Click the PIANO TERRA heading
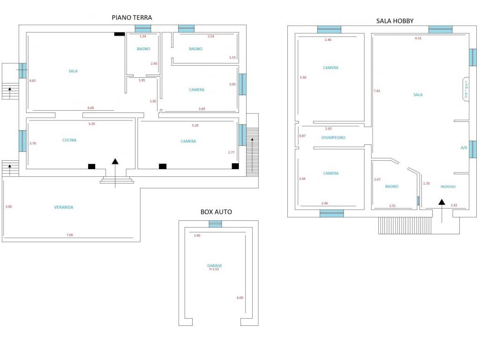pyautogui.click(x=132, y=17)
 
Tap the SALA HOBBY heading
pyautogui.click(x=395, y=21)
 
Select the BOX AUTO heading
pyautogui.click(x=216, y=212)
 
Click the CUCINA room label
pyautogui.click(x=69, y=140)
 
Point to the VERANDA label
pyautogui.click(x=64, y=207)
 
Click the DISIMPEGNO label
pyautogui.click(x=333, y=138)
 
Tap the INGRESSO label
pyautogui.click(x=448, y=187)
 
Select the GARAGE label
pyautogui.click(x=215, y=265)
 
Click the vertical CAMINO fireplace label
pyautogui.click(x=466, y=89)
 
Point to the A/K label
pyautogui.click(x=464, y=148)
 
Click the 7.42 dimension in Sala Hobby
pyautogui.click(x=377, y=91)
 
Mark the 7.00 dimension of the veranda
pyautogui.click(x=70, y=235)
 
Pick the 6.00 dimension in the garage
pyautogui.click(x=240, y=298)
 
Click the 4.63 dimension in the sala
pyautogui.click(x=32, y=81)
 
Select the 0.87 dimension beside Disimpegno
pyautogui.click(x=302, y=136)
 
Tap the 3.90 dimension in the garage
pyautogui.click(x=197, y=235)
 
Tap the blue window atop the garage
pyautogui.click(x=215, y=224)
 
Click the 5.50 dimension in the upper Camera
pyautogui.click(x=303, y=77)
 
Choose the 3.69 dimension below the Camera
pyautogui.click(x=202, y=109)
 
